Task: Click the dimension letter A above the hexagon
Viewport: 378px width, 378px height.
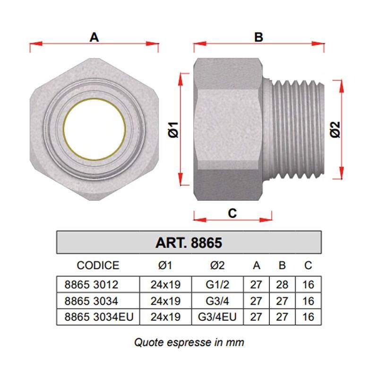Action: point(94,37)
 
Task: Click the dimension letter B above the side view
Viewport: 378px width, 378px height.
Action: point(258,37)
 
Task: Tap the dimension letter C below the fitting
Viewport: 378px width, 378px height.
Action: point(232,213)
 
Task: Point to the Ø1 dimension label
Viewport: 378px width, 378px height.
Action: point(173,129)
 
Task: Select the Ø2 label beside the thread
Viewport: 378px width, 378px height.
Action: point(335,129)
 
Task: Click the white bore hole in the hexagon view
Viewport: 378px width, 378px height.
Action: point(94,129)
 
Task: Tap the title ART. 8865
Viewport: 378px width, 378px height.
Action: point(189,243)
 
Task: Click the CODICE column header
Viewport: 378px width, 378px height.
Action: point(98,266)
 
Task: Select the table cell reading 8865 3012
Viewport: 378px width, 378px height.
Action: point(91,285)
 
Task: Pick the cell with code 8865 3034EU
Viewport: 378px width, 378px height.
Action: point(99,317)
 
